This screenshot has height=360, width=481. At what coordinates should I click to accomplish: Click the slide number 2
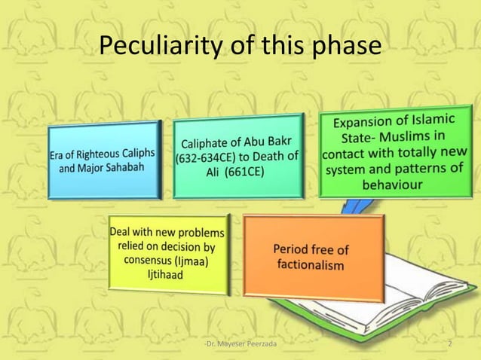coord(450,344)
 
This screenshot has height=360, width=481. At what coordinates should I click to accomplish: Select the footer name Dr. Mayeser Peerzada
coord(240,344)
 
